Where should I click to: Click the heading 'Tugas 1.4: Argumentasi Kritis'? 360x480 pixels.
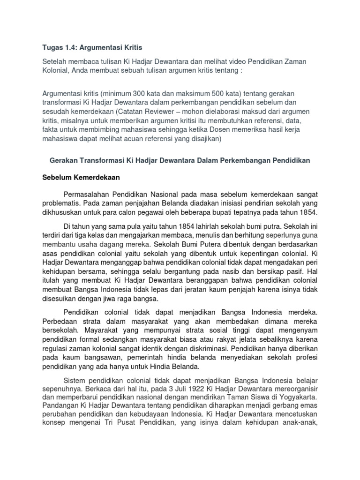pos(92,48)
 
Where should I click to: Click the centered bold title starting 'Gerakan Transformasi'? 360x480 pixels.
pos(180,161)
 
